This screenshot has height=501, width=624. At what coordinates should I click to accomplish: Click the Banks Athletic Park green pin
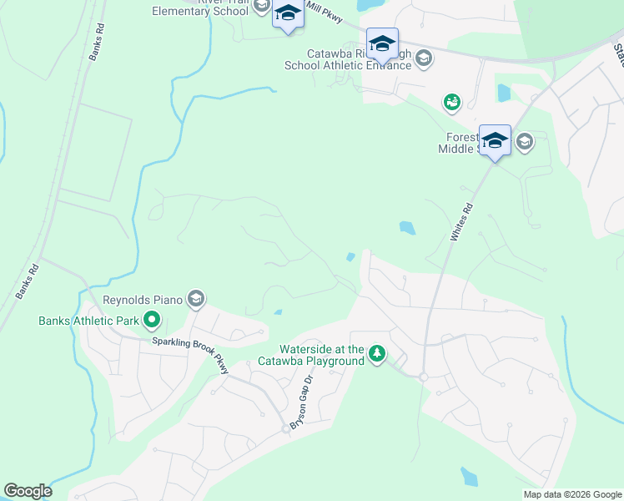[x=151, y=320]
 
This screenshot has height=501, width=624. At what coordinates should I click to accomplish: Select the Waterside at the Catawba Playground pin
[x=377, y=355]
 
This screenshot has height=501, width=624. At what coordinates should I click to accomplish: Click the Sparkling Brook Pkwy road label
[x=190, y=352]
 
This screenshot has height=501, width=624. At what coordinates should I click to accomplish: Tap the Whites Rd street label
[x=461, y=222]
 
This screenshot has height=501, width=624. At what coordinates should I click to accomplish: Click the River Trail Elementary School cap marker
[x=288, y=14]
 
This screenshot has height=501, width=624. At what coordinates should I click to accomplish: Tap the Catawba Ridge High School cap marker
[x=382, y=43]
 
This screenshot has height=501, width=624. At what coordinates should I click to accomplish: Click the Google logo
[x=28, y=491]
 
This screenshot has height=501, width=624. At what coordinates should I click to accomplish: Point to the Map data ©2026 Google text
[x=571, y=493]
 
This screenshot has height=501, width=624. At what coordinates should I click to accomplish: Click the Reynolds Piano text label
[x=142, y=300]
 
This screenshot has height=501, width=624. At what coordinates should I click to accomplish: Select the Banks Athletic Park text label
[x=88, y=321]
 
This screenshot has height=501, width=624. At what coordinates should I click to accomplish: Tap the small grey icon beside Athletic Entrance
[x=424, y=58]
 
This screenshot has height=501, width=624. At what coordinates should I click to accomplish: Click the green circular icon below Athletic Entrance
[x=451, y=102]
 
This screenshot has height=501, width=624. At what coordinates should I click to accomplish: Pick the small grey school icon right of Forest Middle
[x=524, y=141]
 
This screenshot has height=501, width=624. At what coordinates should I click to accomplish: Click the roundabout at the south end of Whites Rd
[x=423, y=377]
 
